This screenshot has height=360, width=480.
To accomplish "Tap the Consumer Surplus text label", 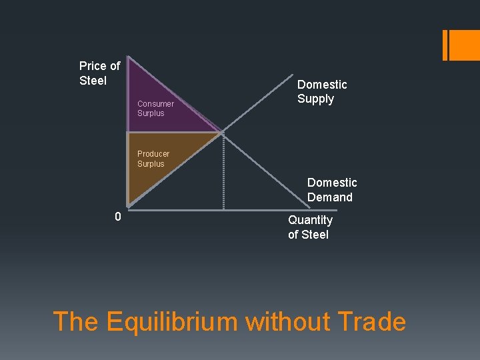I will [155, 109].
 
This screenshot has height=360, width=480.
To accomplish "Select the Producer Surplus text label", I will [153, 159].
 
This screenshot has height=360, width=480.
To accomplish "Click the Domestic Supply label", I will [322, 92].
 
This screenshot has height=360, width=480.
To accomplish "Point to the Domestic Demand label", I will [332, 190].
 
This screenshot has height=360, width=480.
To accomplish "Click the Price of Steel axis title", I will [99, 73].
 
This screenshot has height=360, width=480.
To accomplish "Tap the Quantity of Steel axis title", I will [310, 227].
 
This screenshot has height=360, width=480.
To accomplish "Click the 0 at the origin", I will [117, 217].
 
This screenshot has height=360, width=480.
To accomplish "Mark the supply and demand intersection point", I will [222, 132].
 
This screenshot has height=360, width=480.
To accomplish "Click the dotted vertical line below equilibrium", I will [223, 173].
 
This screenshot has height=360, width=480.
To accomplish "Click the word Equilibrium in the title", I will [172, 322].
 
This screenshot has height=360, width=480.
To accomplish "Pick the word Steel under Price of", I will [93, 81].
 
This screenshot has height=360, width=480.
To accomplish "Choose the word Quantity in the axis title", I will [310, 220].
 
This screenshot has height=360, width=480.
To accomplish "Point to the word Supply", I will [316, 99].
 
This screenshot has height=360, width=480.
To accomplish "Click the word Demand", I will [330, 197].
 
